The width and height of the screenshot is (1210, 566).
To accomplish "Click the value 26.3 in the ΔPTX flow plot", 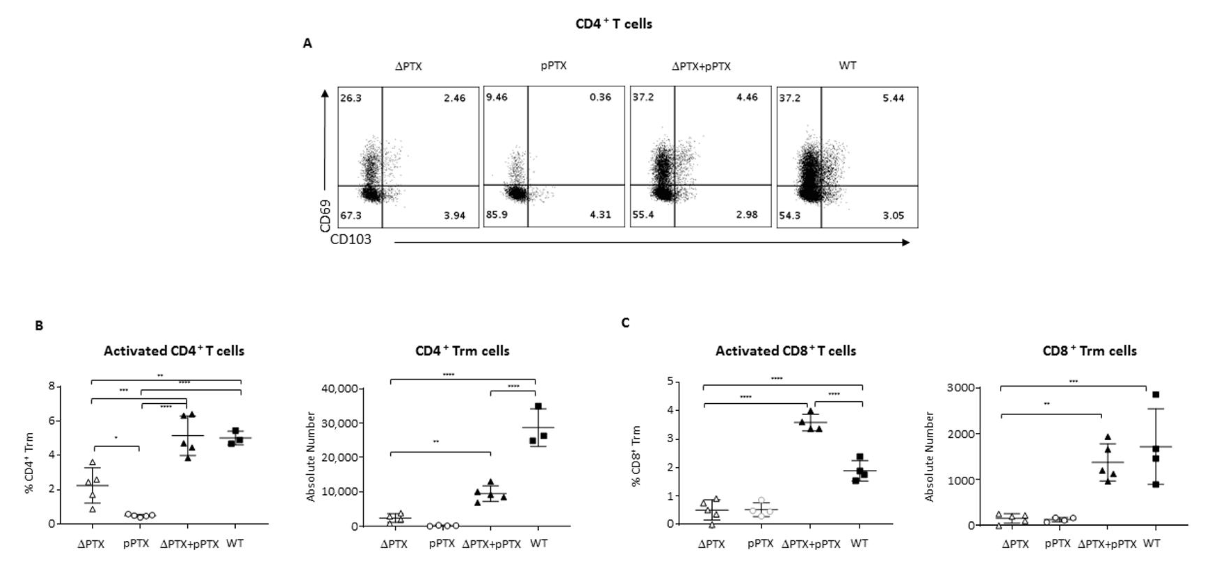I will [351, 98].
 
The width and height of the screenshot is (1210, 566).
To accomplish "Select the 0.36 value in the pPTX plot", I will [600, 97].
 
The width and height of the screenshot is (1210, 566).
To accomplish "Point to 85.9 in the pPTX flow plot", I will [496, 214].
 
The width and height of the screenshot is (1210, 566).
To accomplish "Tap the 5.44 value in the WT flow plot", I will [893, 98].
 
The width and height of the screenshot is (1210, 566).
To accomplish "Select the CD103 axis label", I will [350, 239].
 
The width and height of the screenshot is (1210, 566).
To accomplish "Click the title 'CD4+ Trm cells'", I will [462, 351].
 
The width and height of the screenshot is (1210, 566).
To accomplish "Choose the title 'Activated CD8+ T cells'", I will [785, 351].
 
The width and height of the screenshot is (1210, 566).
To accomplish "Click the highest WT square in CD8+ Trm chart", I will [1156, 395].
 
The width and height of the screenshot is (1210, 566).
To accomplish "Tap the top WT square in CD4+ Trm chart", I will [538, 406].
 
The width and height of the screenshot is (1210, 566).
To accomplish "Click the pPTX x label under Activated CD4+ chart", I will [136, 543].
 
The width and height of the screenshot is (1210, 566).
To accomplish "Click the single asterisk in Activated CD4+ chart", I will [116, 438].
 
